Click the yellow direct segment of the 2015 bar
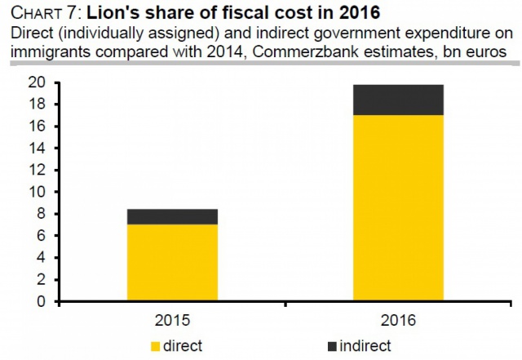click(172, 263)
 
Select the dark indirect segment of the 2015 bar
click(172, 216)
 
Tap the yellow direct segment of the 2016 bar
click(398, 208)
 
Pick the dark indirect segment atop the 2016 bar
click(398, 100)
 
